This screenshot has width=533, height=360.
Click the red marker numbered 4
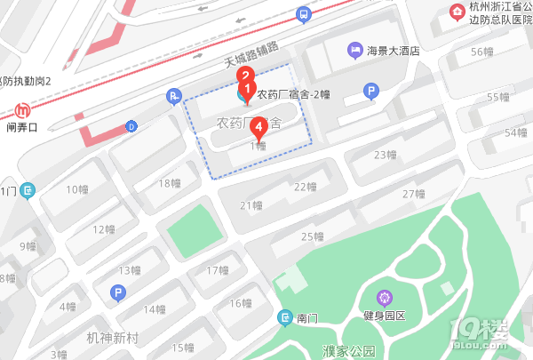click(258, 126)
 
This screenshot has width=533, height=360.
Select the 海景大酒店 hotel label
click(393, 51)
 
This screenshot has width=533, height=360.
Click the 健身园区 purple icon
click(385, 297)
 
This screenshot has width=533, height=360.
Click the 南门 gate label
click(307, 316)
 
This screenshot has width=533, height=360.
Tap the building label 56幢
click(481, 52)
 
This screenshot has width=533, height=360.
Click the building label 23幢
click(385, 156)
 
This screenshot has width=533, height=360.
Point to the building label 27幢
click(414, 194)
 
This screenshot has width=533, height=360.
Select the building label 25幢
click(312, 236)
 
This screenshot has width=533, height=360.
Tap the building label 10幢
click(78, 188)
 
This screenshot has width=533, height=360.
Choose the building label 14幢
click(155, 309)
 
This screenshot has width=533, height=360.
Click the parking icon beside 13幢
click(115, 292)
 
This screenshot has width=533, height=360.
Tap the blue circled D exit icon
click(131, 125)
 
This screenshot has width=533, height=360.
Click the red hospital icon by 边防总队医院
click(457, 11)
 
